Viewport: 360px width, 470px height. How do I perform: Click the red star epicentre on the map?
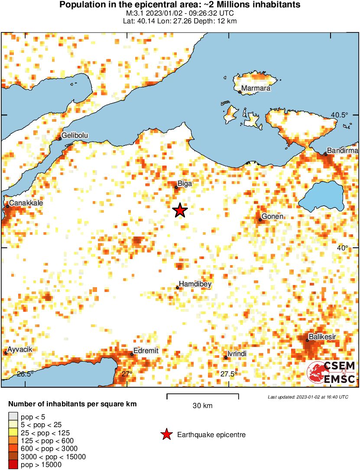coord(180,211)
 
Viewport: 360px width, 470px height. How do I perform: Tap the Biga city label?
coord(185,184)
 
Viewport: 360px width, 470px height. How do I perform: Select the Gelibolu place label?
coord(75,136)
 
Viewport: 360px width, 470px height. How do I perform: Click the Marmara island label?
coord(256,89)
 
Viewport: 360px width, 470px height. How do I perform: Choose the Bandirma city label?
coord(342,150)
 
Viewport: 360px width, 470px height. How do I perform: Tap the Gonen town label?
coord(272,217)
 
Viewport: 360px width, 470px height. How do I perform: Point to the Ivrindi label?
coord(237,354)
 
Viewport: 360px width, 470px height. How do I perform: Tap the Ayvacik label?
coord(20,350)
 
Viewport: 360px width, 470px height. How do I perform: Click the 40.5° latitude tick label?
coord(340,115)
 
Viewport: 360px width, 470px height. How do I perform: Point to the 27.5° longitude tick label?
coord(228,374)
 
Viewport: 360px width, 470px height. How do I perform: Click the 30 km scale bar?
coord(203,395)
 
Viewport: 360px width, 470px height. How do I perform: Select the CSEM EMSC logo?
coord(331,373)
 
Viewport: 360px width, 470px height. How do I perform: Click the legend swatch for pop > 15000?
coord(13,465)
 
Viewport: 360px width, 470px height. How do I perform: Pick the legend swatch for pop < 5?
coord(13,417)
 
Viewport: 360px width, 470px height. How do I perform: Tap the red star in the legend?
coord(166,434)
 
